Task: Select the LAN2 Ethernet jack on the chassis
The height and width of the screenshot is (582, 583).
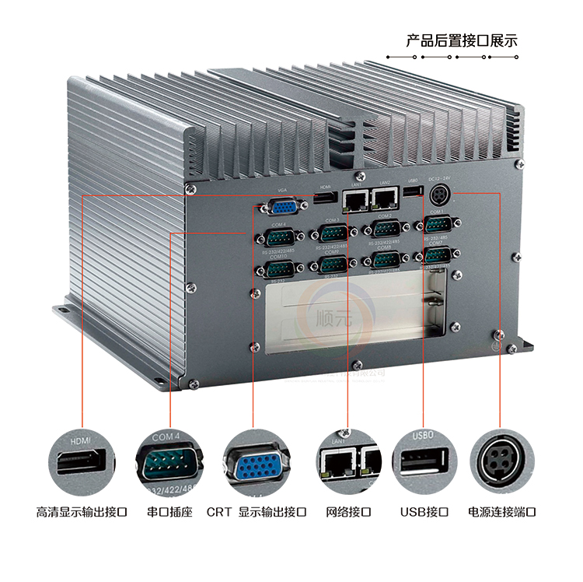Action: pyautogui.click(x=384, y=198)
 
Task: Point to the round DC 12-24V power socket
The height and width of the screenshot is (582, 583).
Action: pyautogui.click(x=439, y=195)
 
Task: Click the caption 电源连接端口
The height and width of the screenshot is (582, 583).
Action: pyautogui.click(x=502, y=512)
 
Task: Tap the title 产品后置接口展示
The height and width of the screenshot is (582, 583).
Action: pyautogui.click(x=462, y=40)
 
